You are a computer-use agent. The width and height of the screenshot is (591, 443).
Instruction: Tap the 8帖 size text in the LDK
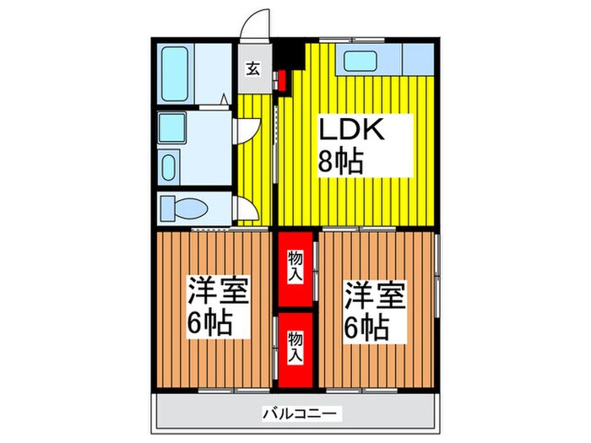340,160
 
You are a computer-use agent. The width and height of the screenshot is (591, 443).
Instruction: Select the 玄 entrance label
252,71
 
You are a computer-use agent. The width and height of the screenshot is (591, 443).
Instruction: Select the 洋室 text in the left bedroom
217,293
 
